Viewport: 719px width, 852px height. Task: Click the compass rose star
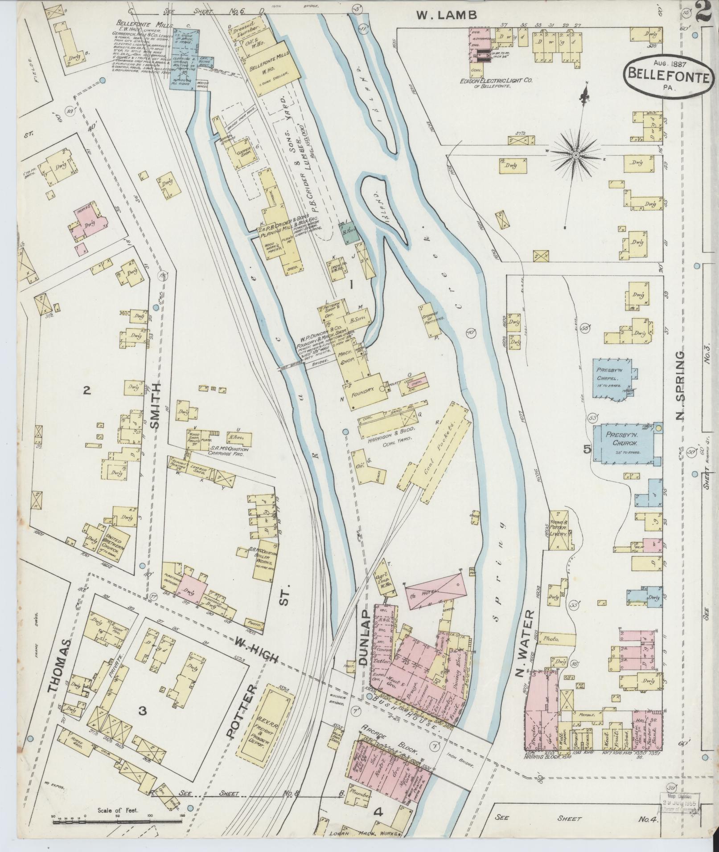(x=575, y=155)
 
